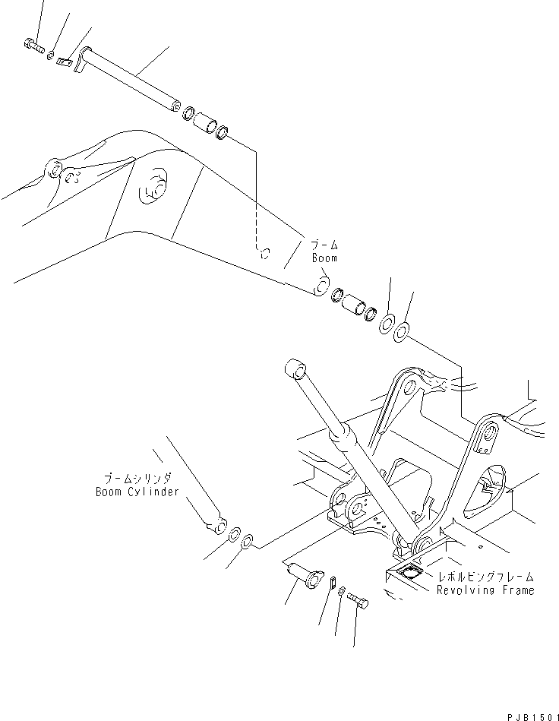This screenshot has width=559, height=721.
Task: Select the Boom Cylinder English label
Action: coord(137,492)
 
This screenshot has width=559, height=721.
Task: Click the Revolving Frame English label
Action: coord(485,590)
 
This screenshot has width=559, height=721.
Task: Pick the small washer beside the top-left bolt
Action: coord(50,55)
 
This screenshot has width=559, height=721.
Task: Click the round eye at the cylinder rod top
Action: coord(295,369)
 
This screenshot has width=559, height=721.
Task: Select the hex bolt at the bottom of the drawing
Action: coord(359,602)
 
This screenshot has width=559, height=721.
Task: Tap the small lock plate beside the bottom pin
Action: coord(333,581)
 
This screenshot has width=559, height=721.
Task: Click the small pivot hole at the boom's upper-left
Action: coord(55,168)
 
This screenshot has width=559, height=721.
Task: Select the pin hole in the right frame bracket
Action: coord(490,436)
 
